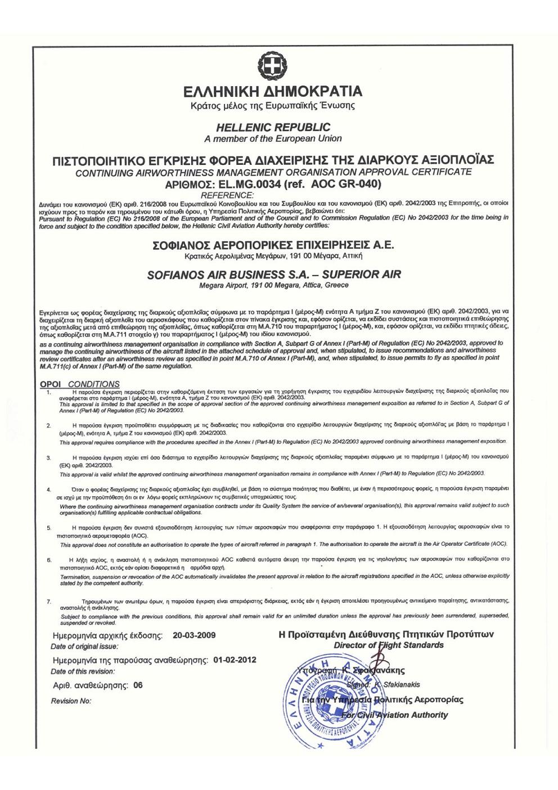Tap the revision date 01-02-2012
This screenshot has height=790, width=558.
(x=235, y=659)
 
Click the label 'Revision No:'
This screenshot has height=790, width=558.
(x=70, y=701)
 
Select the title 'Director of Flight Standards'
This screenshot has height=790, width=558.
(x=388, y=645)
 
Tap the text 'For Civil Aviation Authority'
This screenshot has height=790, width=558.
(x=395, y=715)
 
